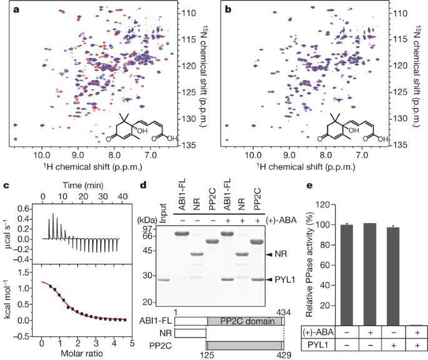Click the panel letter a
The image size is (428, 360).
click(x=16, y=10)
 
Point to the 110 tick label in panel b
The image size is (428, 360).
click(x=400, y=13)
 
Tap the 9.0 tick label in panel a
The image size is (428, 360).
click(x=78, y=156)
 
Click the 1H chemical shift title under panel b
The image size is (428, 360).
click(x=306, y=166)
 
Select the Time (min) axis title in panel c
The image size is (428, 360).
click(x=83, y=186)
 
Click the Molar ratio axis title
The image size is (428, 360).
click(x=82, y=354)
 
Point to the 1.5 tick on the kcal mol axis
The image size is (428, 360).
click(x=23, y=272)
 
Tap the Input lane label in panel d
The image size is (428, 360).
click(x=163, y=213)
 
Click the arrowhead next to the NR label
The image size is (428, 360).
click(x=269, y=254)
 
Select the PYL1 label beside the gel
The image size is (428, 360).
click(x=285, y=280)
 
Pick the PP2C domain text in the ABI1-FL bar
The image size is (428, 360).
click(x=247, y=321)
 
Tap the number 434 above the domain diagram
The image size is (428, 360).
click(x=284, y=312)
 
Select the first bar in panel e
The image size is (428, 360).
click(x=347, y=275)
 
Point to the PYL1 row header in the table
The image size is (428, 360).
click(x=318, y=345)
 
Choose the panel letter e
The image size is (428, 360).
click(x=309, y=186)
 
